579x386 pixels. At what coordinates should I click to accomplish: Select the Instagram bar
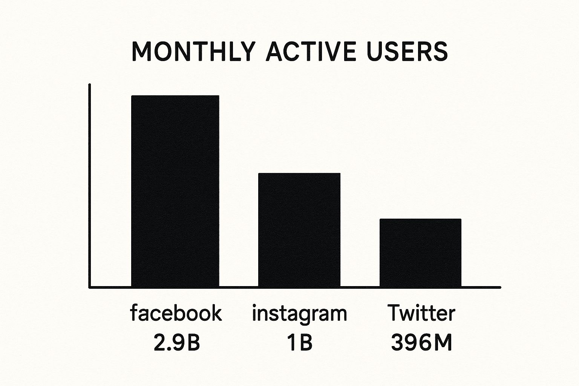[x=299, y=230]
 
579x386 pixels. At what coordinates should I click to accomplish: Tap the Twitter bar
[x=420, y=253]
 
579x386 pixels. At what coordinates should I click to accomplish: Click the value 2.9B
[x=176, y=343]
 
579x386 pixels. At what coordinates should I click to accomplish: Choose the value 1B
[x=299, y=343]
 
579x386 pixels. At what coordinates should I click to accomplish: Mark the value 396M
[x=421, y=343]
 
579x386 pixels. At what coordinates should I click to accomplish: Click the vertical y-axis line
[x=89, y=185]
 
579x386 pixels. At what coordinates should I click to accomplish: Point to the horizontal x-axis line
[x=294, y=287]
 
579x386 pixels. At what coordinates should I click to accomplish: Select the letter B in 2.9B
[x=193, y=343]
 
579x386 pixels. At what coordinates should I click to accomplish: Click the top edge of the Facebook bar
[x=175, y=96]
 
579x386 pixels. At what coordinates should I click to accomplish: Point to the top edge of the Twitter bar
[x=420, y=219]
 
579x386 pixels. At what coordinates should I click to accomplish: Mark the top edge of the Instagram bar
[x=299, y=174]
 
